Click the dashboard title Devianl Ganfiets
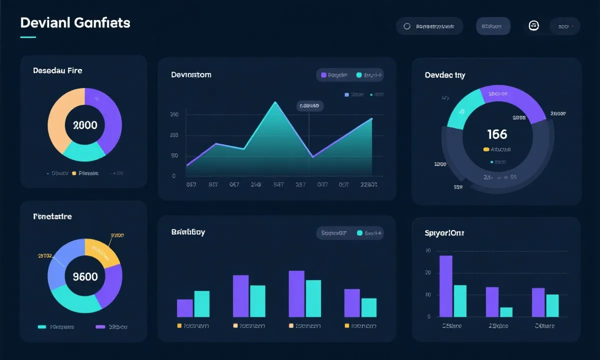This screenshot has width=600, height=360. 75,22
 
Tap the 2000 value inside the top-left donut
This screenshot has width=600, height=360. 85,125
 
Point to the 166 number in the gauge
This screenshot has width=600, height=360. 496,134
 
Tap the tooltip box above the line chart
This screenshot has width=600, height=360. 309,106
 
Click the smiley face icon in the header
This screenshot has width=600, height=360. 533,26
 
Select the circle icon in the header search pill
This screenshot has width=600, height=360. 406,26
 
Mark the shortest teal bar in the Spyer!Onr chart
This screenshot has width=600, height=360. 506,312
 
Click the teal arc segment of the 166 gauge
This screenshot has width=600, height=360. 462,111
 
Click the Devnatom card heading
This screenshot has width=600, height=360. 191,75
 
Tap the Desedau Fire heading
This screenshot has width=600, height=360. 57,70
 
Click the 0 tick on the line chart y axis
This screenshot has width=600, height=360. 173,176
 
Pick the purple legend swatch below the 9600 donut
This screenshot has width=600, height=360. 100,326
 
